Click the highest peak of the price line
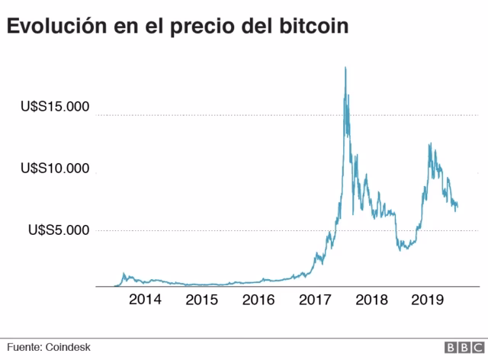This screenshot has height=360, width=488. click(346, 68)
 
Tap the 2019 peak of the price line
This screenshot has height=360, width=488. click(431, 143)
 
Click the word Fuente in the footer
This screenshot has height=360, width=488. click(24, 347)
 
